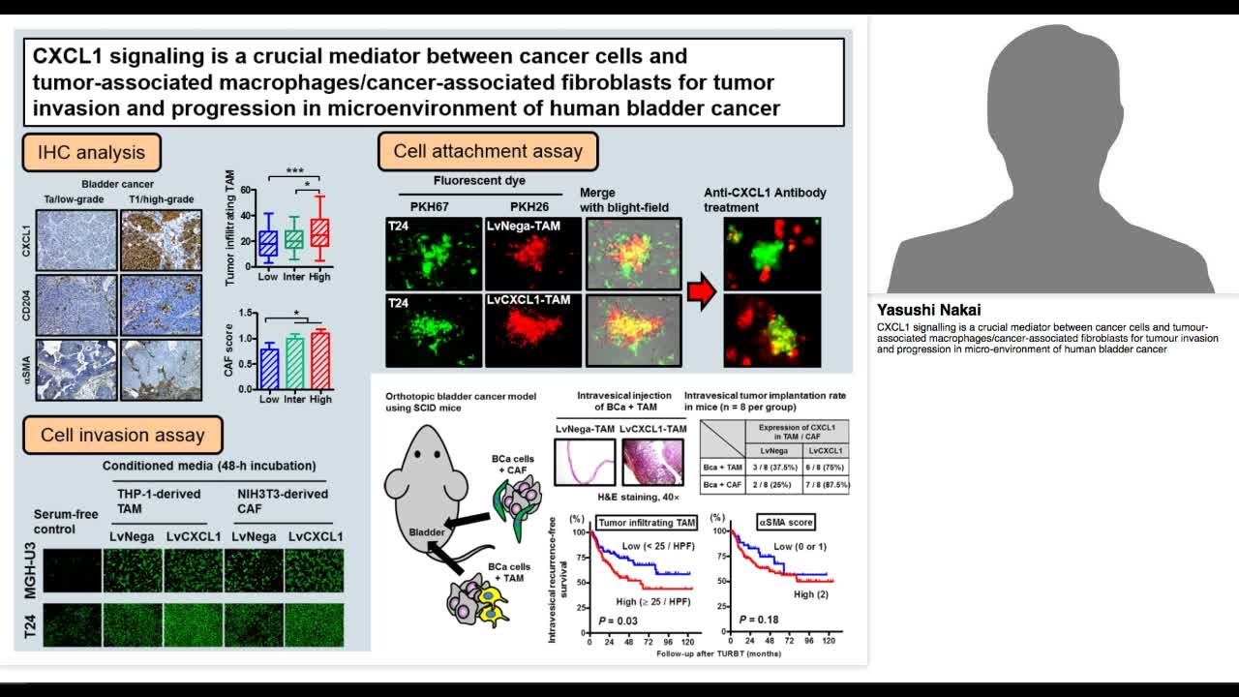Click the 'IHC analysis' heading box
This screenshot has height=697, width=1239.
(91, 152)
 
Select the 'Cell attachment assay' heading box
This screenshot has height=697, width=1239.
(488, 151)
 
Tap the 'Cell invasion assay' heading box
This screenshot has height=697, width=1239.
(123, 435)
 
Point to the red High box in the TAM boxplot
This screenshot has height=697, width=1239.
(319, 233)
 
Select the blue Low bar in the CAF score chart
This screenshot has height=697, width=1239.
(269, 368)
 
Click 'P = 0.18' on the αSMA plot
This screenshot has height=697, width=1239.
(760, 618)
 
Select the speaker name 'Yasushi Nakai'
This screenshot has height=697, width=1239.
(928, 310)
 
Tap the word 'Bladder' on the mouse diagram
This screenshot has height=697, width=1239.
(427, 531)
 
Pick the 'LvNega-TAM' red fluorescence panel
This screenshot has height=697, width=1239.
(532, 254)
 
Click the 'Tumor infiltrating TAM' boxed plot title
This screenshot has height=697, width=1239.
(647, 522)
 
